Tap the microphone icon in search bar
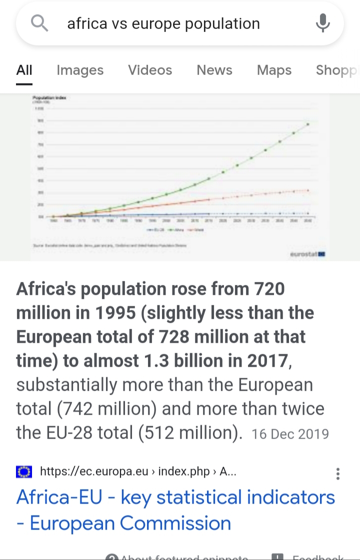point(322,23)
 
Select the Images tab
point(80,70)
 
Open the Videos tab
point(150,70)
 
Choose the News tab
point(214,70)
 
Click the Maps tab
point(274,70)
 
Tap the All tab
point(24,70)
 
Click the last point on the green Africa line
point(308,124)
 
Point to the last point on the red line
point(308,190)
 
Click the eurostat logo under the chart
point(308,254)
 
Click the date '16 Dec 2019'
point(290,434)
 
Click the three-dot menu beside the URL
point(338,474)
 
